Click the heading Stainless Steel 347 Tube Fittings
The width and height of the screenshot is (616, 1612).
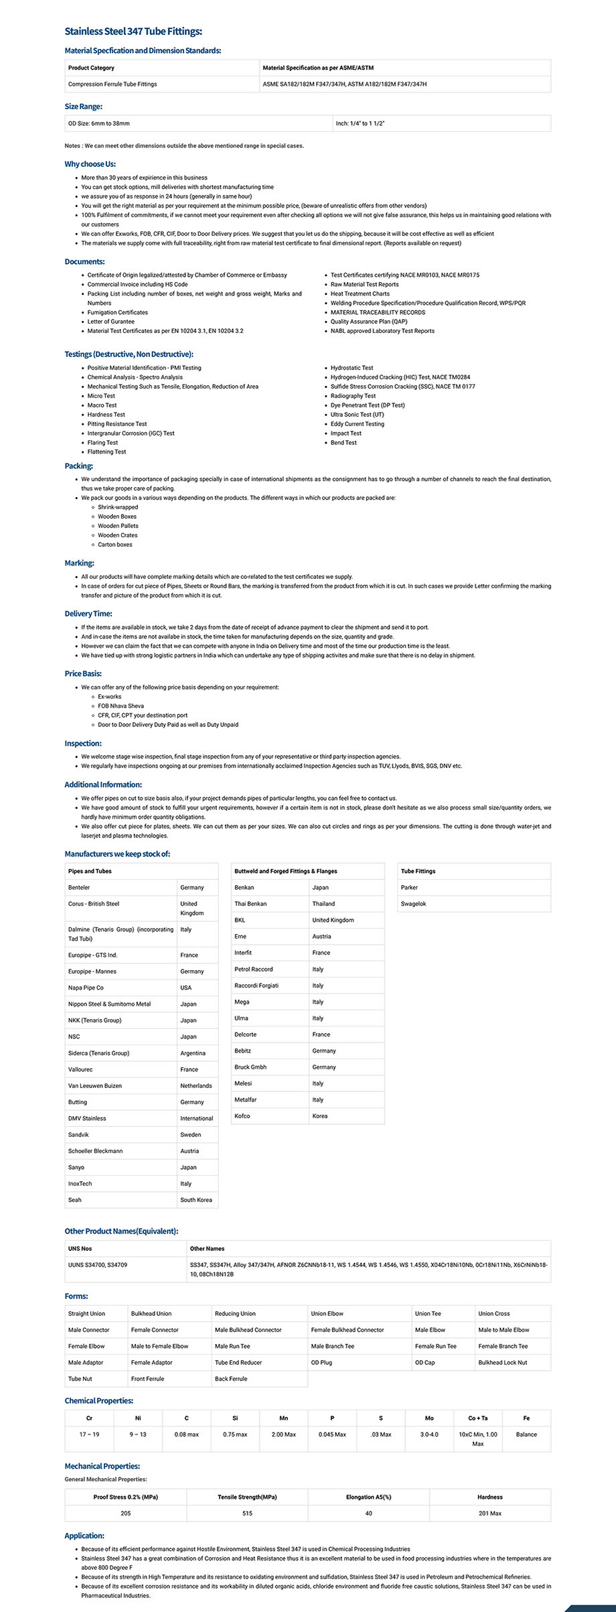(x=133, y=31)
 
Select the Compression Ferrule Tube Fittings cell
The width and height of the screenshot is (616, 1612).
(x=112, y=84)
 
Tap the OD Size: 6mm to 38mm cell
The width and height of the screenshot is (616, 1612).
(x=99, y=123)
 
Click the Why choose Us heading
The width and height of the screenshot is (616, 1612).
(x=90, y=164)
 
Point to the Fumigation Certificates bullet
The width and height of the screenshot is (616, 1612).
(x=118, y=312)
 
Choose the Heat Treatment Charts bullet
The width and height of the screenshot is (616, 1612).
(x=360, y=293)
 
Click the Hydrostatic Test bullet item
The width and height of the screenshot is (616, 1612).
(x=352, y=368)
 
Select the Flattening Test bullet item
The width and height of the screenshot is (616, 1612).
(x=106, y=452)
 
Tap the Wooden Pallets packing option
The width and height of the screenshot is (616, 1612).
(x=118, y=526)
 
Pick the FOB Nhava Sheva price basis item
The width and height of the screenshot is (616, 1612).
(x=121, y=706)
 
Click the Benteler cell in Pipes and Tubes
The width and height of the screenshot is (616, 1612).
(x=79, y=888)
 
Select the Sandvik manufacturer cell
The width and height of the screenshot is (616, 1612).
(x=78, y=1135)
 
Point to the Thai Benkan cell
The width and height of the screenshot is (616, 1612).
(x=250, y=904)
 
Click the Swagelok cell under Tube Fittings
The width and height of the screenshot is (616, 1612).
(x=413, y=904)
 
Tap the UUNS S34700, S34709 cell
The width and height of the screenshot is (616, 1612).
(x=98, y=1265)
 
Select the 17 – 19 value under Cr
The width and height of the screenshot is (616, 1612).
(x=89, y=1434)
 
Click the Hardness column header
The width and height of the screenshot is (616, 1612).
(x=489, y=1497)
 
